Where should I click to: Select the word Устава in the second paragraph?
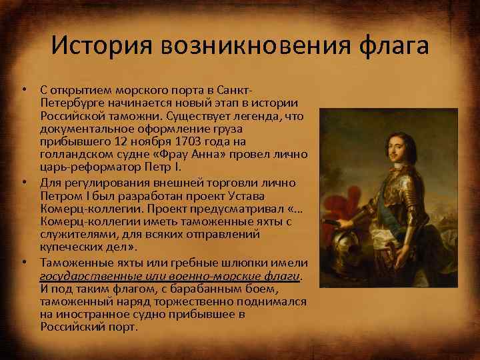click(245, 195)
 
